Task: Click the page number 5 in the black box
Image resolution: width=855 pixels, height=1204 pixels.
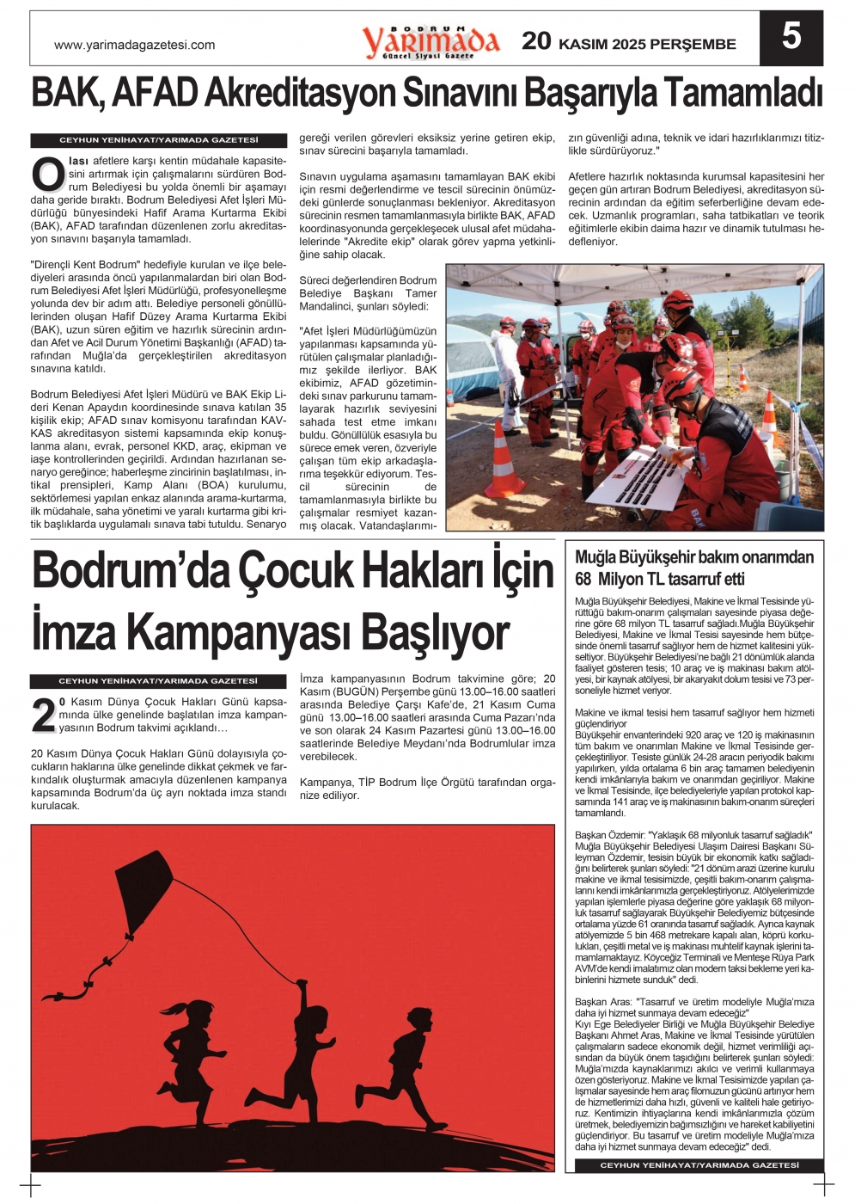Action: click(791, 38)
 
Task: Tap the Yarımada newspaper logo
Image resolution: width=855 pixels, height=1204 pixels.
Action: click(431, 41)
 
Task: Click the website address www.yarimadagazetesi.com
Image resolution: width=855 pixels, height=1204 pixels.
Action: click(134, 45)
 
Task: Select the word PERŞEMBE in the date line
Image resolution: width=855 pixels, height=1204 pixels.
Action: click(693, 45)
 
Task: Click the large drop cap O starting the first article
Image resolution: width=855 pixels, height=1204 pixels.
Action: click(47, 175)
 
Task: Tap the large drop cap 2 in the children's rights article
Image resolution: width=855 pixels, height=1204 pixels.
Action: click(43, 716)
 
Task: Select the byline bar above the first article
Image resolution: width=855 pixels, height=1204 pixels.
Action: click(158, 140)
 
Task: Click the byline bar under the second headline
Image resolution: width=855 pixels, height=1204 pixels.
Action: click(158, 681)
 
